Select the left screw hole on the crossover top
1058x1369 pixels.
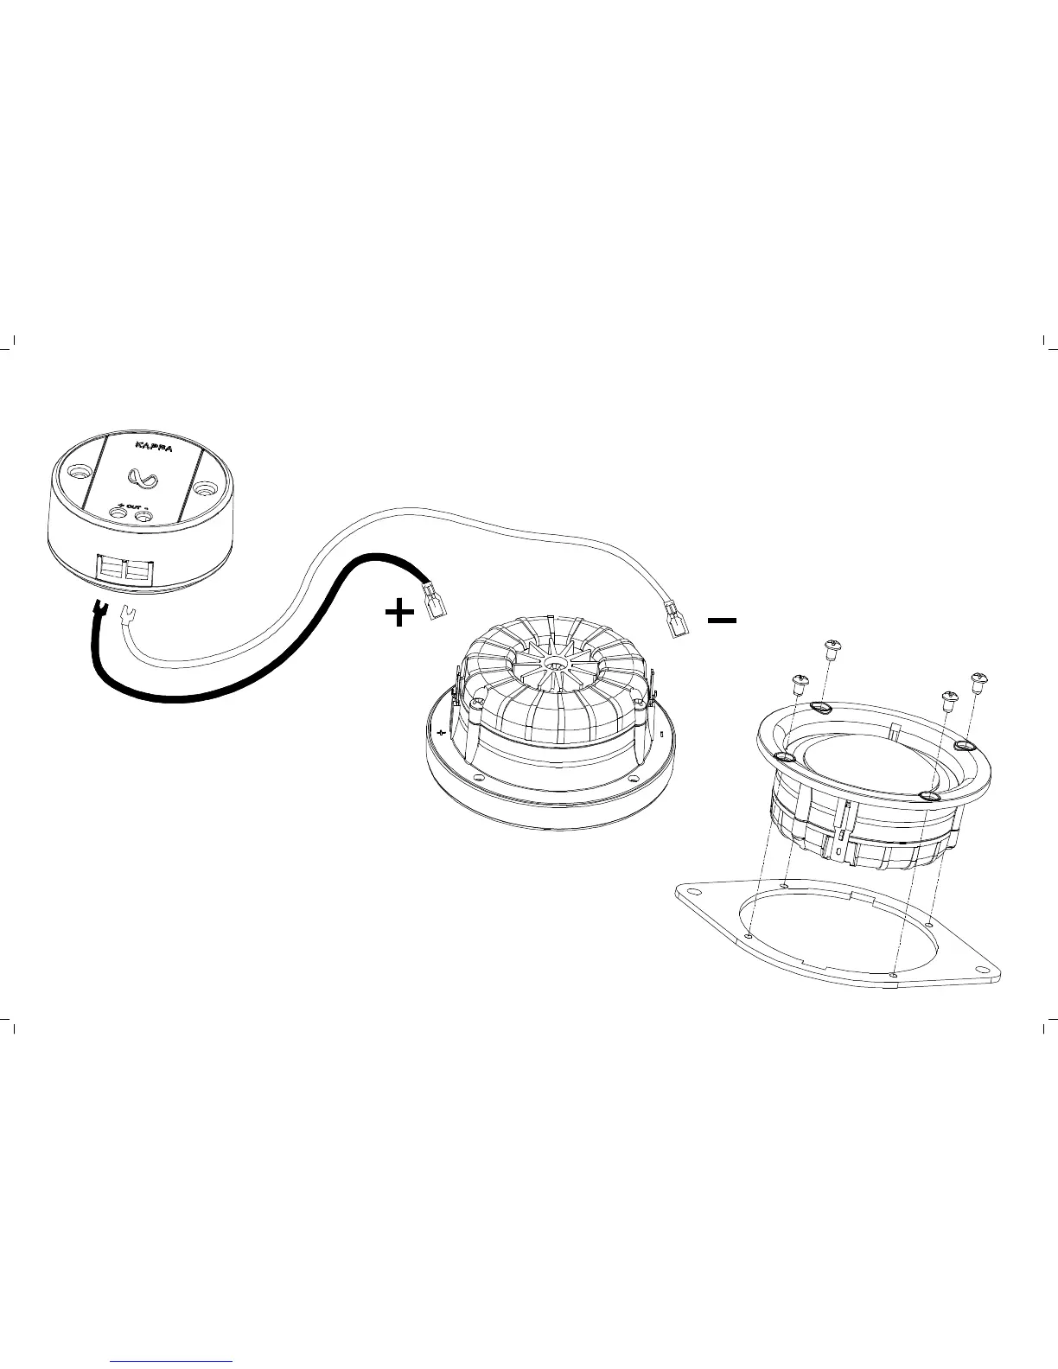click(80, 473)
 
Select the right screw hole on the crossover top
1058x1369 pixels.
click(204, 489)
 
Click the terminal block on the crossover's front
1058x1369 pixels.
click(124, 571)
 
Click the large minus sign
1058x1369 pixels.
click(722, 620)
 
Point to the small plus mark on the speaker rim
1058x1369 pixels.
click(442, 733)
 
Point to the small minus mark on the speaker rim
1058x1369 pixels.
click(661, 735)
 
